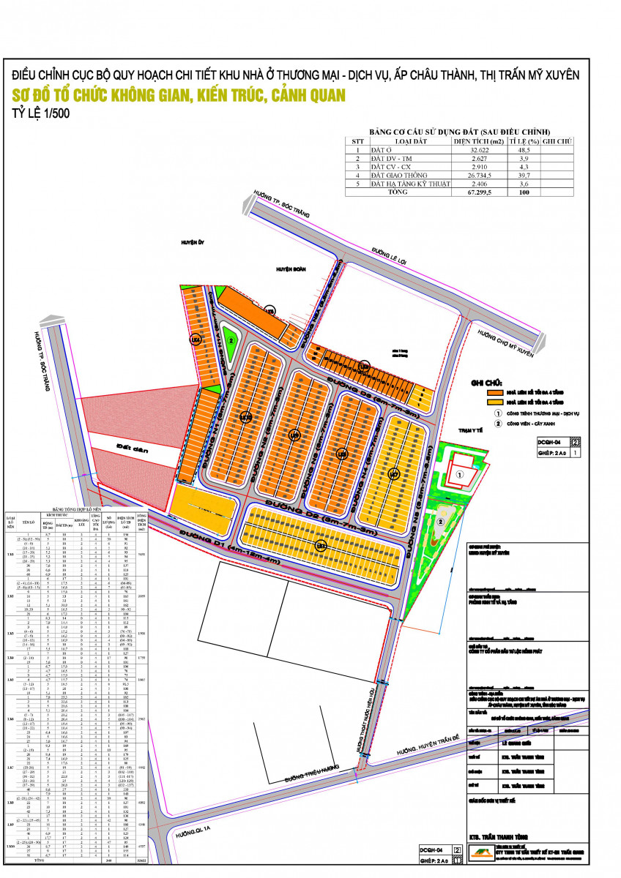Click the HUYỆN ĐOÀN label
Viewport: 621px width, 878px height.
tap(289, 269)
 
